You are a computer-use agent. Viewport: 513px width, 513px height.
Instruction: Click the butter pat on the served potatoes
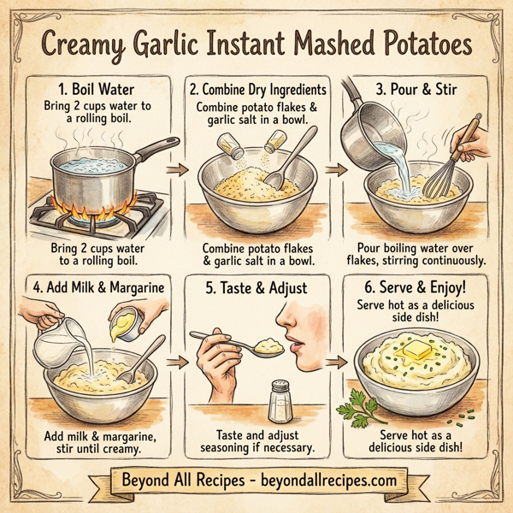(x=414, y=348)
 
